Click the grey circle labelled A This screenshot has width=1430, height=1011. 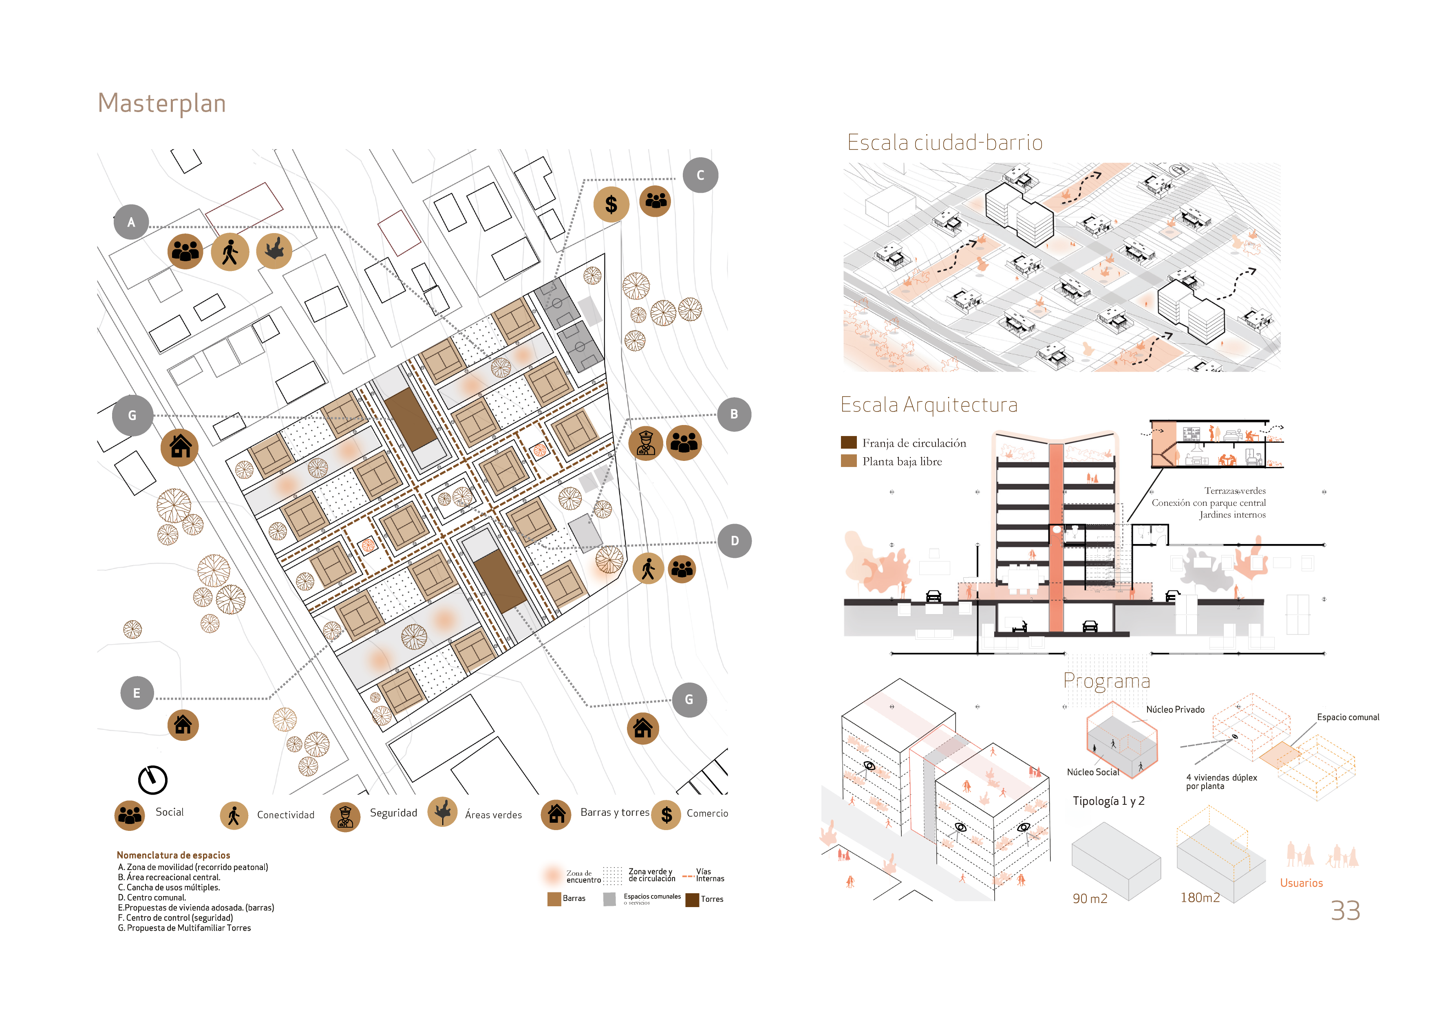click(x=131, y=222)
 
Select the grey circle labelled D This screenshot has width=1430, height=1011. click(x=734, y=540)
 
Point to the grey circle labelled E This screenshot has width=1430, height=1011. click(x=137, y=693)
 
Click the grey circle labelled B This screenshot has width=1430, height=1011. click(x=734, y=414)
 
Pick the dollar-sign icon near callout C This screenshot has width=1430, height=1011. click(x=611, y=204)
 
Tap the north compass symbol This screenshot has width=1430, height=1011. click(x=152, y=780)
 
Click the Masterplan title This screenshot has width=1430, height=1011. click(x=162, y=104)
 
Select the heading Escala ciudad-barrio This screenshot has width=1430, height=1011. click(x=945, y=143)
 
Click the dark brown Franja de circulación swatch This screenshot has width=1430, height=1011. click(x=848, y=443)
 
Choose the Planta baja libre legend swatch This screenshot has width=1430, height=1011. click(x=848, y=461)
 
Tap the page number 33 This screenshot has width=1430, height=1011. click(x=1345, y=911)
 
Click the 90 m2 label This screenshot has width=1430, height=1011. click(x=1090, y=898)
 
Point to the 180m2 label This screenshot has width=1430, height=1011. click(x=1200, y=897)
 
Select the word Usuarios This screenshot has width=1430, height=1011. click(x=1301, y=883)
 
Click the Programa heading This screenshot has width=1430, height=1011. click(x=1107, y=681)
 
